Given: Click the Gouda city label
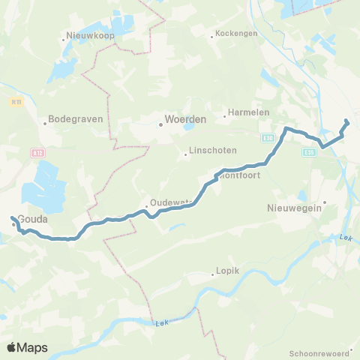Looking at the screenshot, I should (34, 219).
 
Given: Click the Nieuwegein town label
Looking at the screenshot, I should (294, 209).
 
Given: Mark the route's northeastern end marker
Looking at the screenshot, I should (346, 121).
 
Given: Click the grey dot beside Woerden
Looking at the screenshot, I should (160, 125).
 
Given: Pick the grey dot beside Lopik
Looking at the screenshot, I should (213, 274).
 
